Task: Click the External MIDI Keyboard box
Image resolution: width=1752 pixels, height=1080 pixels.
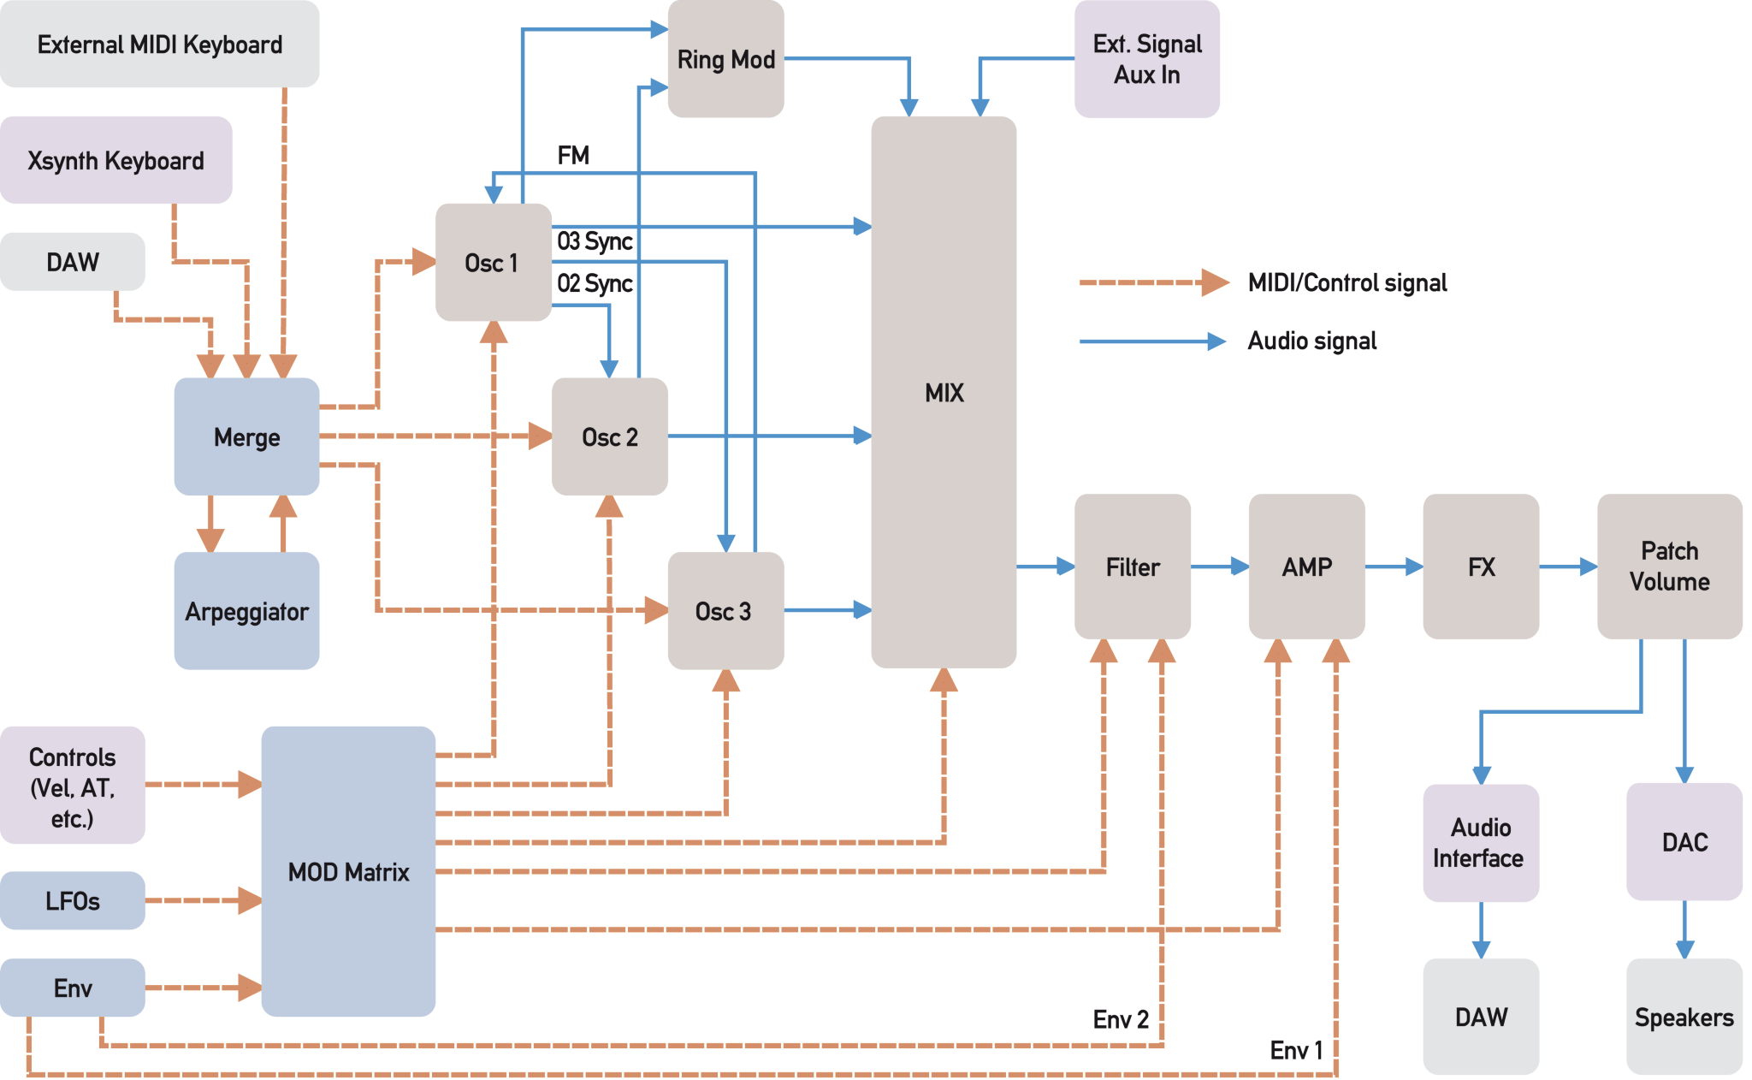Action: [160, 45]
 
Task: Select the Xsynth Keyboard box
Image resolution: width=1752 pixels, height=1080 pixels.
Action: [116, 161]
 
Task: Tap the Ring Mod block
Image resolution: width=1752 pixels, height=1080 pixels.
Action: [725, 60]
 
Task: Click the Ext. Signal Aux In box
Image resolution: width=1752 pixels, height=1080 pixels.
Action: [1146, 59]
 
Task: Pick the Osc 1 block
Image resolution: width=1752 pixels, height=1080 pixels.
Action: [493, 263]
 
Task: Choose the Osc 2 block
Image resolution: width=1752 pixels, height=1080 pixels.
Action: [609, 437]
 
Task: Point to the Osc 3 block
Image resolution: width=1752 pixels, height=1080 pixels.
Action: [725, 611]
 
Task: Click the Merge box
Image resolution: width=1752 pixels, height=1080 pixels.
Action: [246, 437]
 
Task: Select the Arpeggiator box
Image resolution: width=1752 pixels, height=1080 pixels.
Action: [246, 611]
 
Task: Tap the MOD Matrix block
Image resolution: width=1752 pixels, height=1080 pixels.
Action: [348, 871]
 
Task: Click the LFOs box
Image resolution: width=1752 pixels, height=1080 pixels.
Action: [73, 900]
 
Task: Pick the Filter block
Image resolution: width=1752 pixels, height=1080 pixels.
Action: [1132, 567]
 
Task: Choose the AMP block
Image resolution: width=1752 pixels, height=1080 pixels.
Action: [1306, 567]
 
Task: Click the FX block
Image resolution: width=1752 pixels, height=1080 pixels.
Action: [1481, 567]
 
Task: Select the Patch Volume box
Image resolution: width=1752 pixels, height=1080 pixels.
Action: [1669, 567]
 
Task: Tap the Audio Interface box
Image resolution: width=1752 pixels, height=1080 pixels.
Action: [1480, 843]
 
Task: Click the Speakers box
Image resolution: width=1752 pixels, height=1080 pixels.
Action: [1684, 1017]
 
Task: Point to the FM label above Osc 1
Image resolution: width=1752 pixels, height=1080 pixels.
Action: [574, 155]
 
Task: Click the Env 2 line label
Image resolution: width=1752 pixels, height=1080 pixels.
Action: [1121, 1019]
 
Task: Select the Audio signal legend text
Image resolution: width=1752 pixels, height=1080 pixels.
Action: [1312, 341]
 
